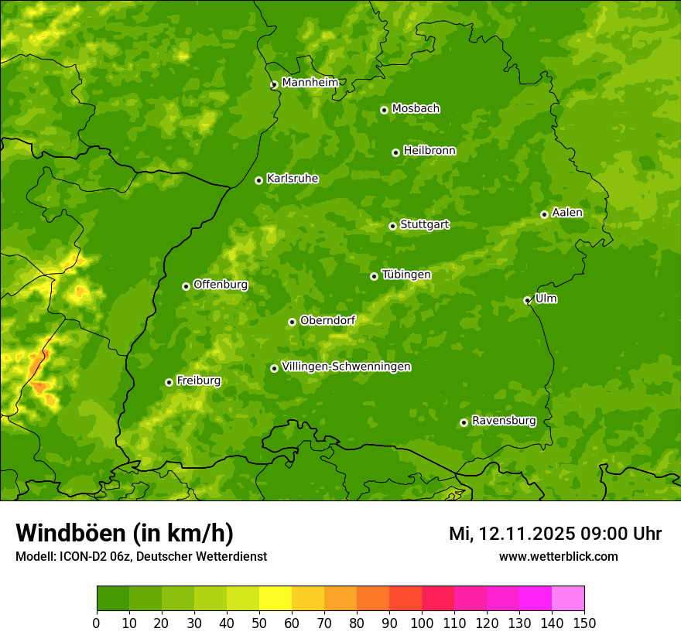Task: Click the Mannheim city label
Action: [x=310, y=83]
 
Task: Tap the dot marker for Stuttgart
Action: [x=392, y=226]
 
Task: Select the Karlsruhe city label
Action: [x=292, y=179]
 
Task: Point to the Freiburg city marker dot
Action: [x=169, y=382]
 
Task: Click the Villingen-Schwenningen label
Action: [x=346, y=367]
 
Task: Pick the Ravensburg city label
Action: [x=503, y=421]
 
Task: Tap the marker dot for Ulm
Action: [x=527, y=300]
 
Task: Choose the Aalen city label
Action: [x=566, y=213]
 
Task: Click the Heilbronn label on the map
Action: [x=429, y=151]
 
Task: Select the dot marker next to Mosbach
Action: [x=384, y=110]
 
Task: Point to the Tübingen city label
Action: [x=406, y=275]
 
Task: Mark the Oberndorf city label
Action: [x=327, y=320]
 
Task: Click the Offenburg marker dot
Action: [x=186, y=286]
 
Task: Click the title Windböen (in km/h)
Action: [x=124, y=533]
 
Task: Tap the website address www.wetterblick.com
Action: [x=558, y=556]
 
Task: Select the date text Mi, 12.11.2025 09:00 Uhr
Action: [x=555, y=534]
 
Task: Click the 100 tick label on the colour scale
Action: [x=422, y=623]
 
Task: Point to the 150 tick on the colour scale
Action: [x=584, y=623]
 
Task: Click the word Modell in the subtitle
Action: [x=34, y=557]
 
